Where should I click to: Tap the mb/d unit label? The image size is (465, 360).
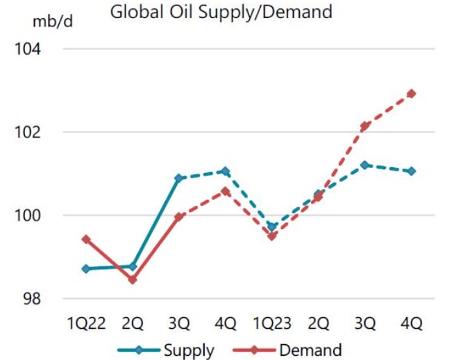[52, 21]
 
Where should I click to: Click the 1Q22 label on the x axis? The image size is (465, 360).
[85, 323]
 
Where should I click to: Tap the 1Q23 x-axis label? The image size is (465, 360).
[272, 323]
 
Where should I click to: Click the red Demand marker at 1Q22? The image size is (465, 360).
[86, 239]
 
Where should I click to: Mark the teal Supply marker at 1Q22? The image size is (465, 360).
[86, 268]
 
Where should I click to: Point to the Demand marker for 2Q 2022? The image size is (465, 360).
[133, 280]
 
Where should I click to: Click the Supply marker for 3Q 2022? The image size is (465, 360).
[179, 178]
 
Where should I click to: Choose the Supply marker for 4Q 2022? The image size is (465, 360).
[226, 171]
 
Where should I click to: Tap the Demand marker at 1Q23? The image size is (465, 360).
[272, 237]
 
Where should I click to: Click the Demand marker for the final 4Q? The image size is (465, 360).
[412, 94]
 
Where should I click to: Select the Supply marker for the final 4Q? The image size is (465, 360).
[412, 171]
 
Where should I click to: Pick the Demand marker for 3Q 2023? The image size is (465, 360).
[365, 126]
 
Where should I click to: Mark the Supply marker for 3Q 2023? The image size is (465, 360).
[365, 165]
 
